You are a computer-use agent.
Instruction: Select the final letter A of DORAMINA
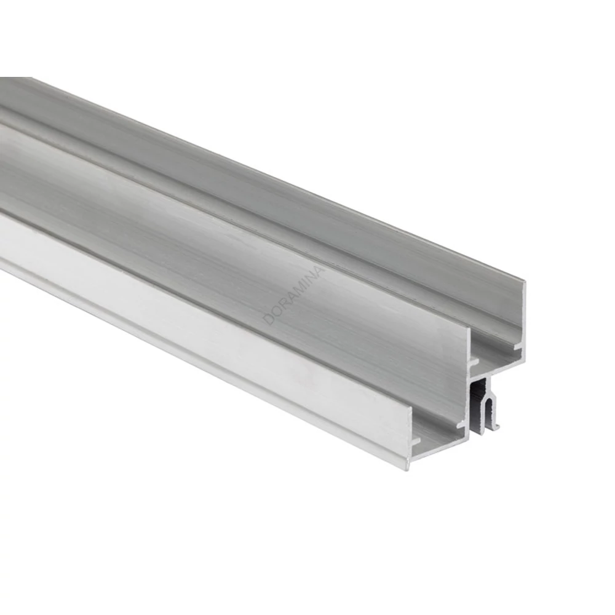[321, 271]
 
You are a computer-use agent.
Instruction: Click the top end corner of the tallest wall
[525, 281]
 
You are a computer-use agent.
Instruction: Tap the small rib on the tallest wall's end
[518, 346]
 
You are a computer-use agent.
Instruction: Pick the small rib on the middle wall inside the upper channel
[474, 360]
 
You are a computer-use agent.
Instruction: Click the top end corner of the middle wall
[469, 326]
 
